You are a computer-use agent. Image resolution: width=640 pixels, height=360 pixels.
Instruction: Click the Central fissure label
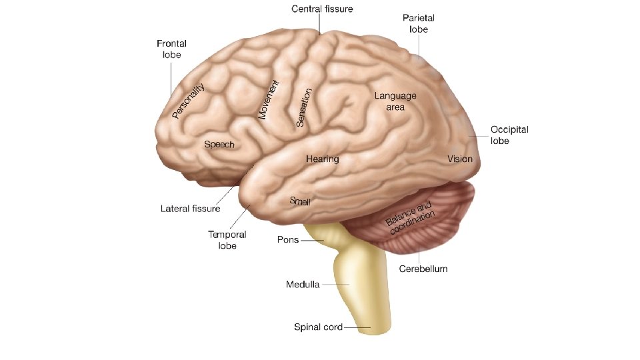tap(322, 9)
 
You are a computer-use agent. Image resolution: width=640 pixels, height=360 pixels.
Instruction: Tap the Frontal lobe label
tap(171, 49)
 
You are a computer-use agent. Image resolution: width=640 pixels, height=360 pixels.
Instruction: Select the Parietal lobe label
tap(419, 24)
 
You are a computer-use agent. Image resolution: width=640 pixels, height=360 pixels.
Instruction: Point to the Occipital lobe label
tap(509, 135)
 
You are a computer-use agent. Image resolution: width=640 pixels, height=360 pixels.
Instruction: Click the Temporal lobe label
tap(227, 240)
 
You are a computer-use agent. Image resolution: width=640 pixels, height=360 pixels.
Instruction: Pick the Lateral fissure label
tap(190, 209)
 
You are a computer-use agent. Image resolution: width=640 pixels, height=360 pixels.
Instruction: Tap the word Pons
tap(288, 240)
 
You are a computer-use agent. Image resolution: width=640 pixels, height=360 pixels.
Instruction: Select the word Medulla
tap(303, 285)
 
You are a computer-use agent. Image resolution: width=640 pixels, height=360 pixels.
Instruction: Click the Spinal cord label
tap(318, 327)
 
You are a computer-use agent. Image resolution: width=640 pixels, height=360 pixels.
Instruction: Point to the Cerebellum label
tap(423, 269)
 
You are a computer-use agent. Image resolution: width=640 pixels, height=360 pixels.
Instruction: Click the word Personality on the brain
tap(188, 101)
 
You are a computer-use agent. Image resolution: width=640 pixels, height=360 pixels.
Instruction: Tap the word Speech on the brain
tap(219, 144)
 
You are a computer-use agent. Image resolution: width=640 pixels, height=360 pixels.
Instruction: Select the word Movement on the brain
tap(268, 100)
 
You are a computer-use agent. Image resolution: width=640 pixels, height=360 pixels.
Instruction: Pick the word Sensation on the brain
tap(304, 107)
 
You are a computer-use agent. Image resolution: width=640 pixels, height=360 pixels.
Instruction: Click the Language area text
tap(395, 101)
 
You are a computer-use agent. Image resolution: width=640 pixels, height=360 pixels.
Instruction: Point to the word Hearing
tap(323, 159)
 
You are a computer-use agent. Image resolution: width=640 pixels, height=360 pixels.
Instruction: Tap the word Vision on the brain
tap(460, 159)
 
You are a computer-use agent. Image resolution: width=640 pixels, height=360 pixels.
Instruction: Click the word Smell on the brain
tap(300, 201)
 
